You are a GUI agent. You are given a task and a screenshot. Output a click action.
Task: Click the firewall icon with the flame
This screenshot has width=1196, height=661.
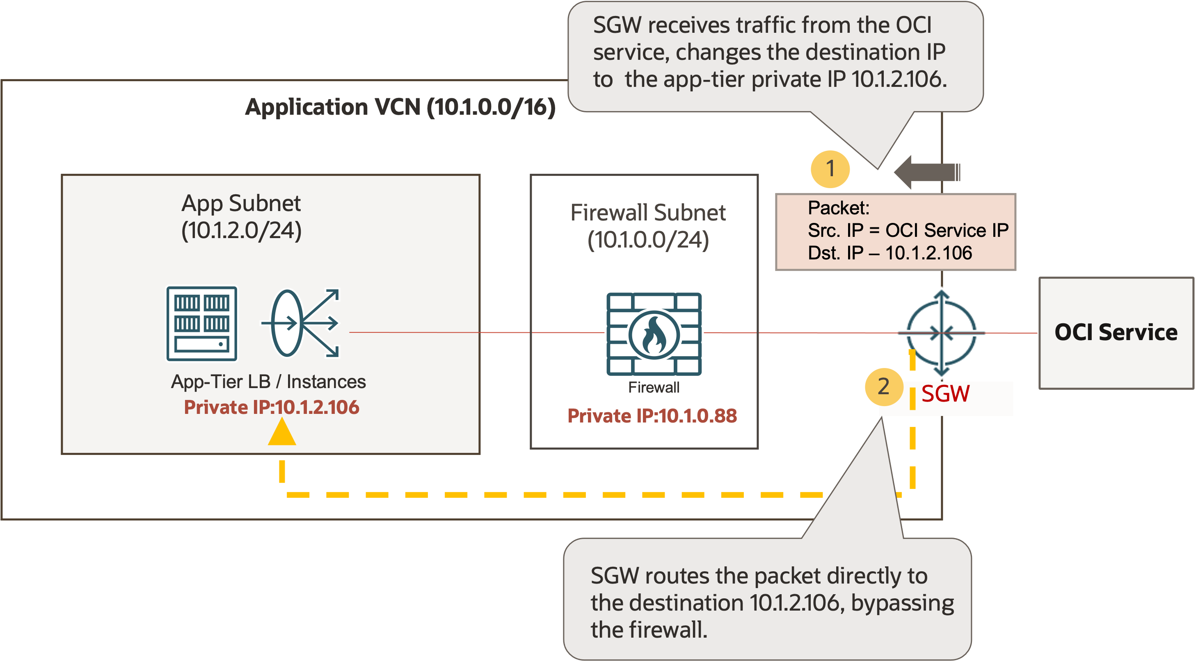coord(654,334)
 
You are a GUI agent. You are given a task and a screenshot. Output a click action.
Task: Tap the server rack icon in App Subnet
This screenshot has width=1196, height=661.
coord(201,323)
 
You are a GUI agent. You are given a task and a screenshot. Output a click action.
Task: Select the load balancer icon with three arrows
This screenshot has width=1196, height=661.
coord(300,323)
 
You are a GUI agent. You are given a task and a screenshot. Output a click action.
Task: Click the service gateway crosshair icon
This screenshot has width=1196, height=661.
coord(941,333)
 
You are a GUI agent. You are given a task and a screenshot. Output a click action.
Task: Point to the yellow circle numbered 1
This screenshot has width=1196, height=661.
coord(830,169)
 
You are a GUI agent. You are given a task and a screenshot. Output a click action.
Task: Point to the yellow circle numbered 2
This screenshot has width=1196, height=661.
coord(883,386)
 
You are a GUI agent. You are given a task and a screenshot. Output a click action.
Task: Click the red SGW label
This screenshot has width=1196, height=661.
coord(945,394)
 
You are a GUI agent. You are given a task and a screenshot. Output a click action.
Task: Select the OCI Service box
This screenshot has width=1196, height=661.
coord(1116,333)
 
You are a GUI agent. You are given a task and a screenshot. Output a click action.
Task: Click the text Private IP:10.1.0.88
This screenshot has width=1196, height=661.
coord(652,416)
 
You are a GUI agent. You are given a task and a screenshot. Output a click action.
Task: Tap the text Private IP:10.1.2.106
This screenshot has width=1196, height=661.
coord(272,407)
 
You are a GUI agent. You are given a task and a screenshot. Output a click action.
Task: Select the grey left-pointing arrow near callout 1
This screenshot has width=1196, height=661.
coord(926,173)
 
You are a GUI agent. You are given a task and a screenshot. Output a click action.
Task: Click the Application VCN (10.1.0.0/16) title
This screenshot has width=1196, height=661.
coord(400,107)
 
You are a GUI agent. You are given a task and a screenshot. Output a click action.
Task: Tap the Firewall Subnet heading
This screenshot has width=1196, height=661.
coord(648,213)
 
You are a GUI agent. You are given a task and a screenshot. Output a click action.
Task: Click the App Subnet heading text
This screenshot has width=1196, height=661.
coord(241,204)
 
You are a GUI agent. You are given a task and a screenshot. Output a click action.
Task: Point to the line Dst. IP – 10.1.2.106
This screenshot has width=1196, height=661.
coord(889,253)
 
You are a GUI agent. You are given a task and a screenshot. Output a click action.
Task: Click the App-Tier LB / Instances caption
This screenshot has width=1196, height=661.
coord(268,382)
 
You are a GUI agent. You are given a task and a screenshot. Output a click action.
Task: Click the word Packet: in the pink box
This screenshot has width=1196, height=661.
coord(838,208)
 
